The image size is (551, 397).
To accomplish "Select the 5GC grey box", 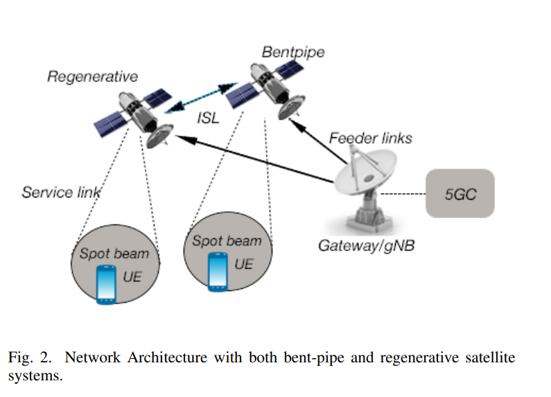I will [x=460, y=193].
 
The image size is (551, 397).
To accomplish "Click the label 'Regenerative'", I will [x=92, y=76].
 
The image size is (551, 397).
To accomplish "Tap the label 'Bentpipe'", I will [x=293, y=52].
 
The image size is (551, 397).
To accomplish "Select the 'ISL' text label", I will [x=207, y=118].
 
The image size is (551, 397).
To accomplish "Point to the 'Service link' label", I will [x=61, y=192].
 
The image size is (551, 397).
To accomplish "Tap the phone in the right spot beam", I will [x=218, y=270].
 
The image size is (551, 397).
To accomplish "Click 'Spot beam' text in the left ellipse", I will [x=114, y=254].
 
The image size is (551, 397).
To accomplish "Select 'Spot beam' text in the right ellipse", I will [x=227, y=241].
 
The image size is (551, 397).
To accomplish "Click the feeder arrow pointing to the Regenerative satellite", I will [x=250, y=159].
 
